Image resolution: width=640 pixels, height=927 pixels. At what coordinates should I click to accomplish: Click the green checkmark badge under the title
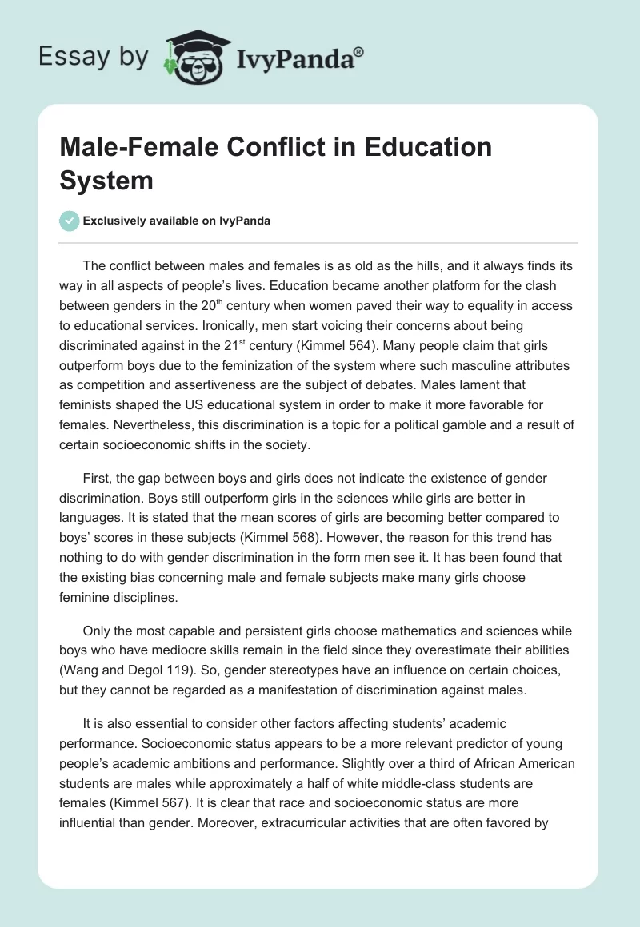tap(70, 221)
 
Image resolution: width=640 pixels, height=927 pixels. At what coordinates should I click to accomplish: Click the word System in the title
tap(106, 180)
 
